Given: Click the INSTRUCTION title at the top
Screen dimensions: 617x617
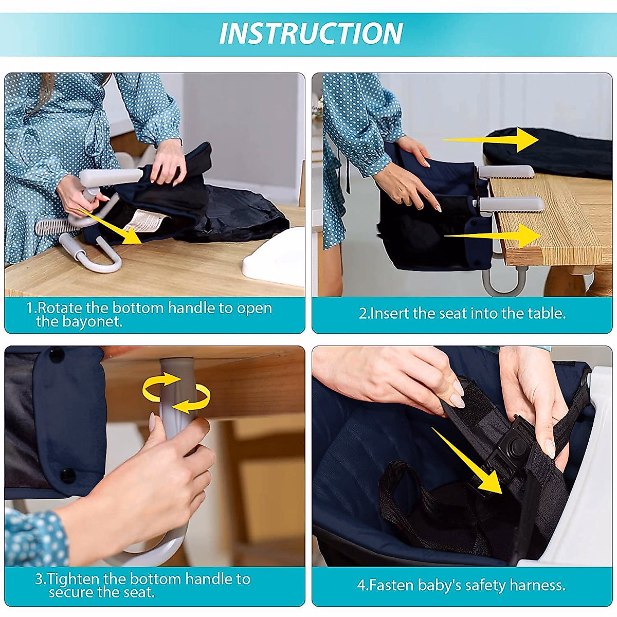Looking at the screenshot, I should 311,34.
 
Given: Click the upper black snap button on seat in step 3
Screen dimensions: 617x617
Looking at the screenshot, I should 56,355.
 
